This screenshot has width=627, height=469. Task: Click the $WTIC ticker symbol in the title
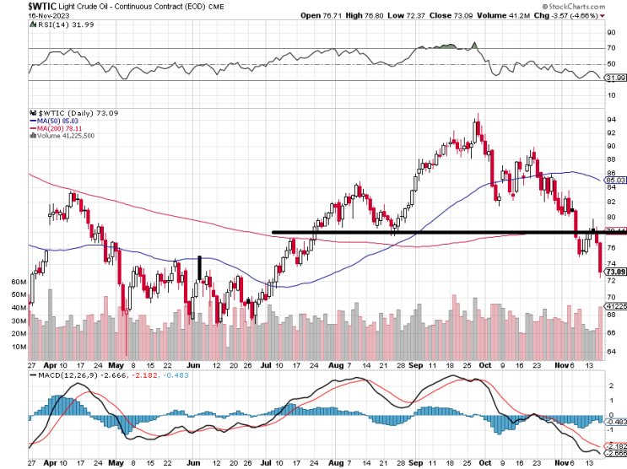tap(17, 7)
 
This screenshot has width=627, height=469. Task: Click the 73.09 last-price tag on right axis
tap(616, 272)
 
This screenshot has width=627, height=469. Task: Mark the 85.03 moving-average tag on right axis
tap(616, 181)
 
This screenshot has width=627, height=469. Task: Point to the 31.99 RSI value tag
tap(616, 78)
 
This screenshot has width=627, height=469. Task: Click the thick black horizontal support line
tap(422, 232)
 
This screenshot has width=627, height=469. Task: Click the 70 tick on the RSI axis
tap(612, 49)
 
